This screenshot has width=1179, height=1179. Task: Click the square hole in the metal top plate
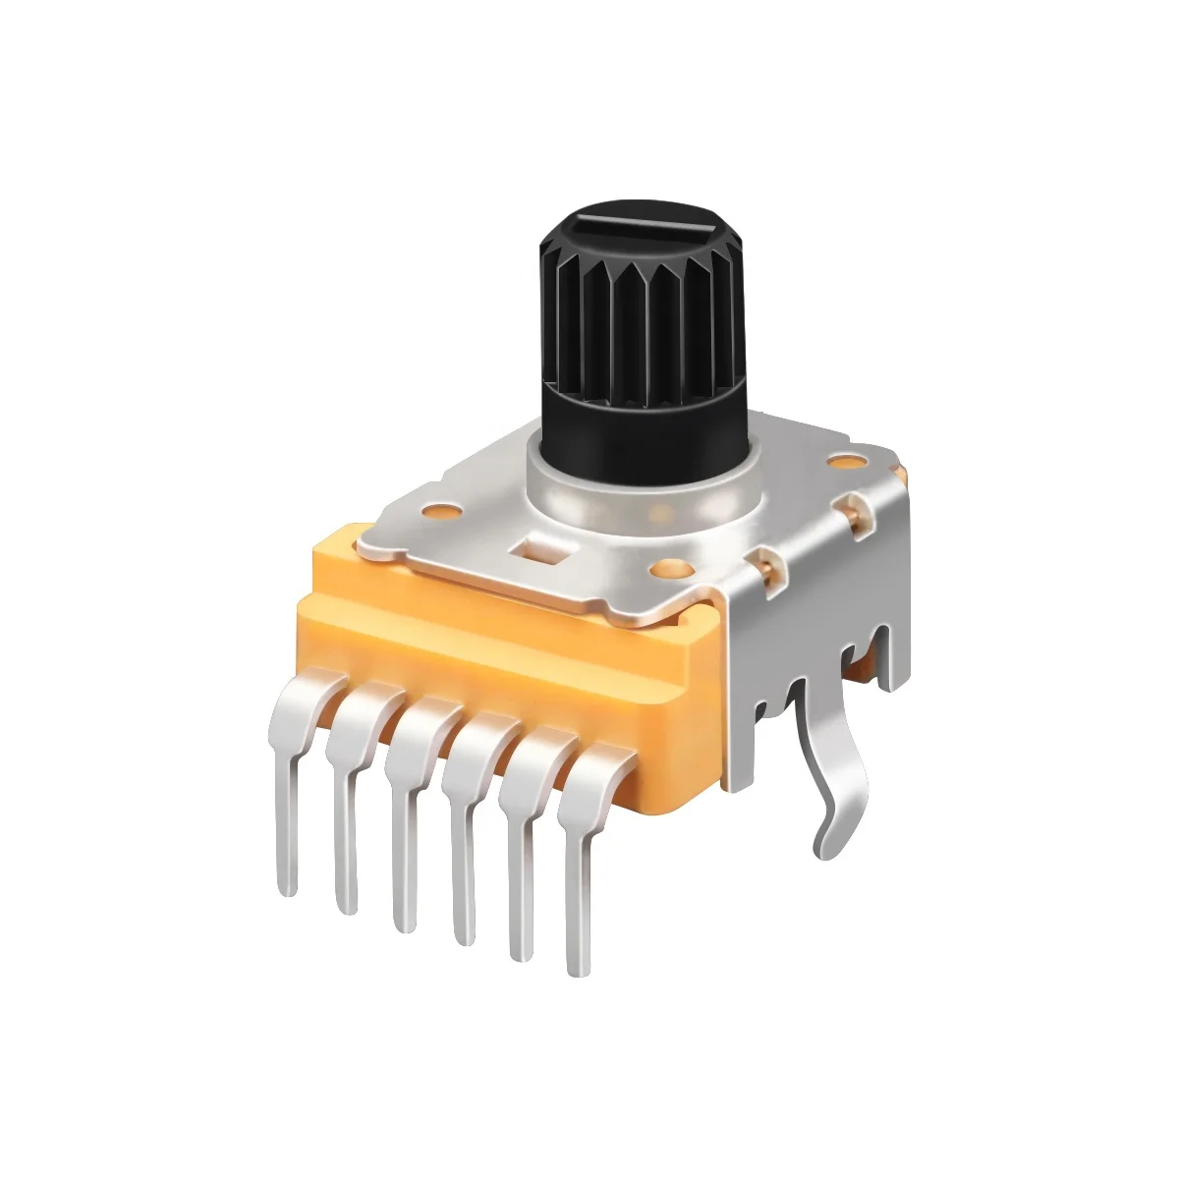coord(537,547)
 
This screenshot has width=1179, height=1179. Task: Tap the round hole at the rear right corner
coord(842,460)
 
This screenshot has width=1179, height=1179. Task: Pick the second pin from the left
coord(345,806)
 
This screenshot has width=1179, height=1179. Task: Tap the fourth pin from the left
coord(460,845)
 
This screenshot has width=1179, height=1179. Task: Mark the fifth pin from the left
coord(518,865)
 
